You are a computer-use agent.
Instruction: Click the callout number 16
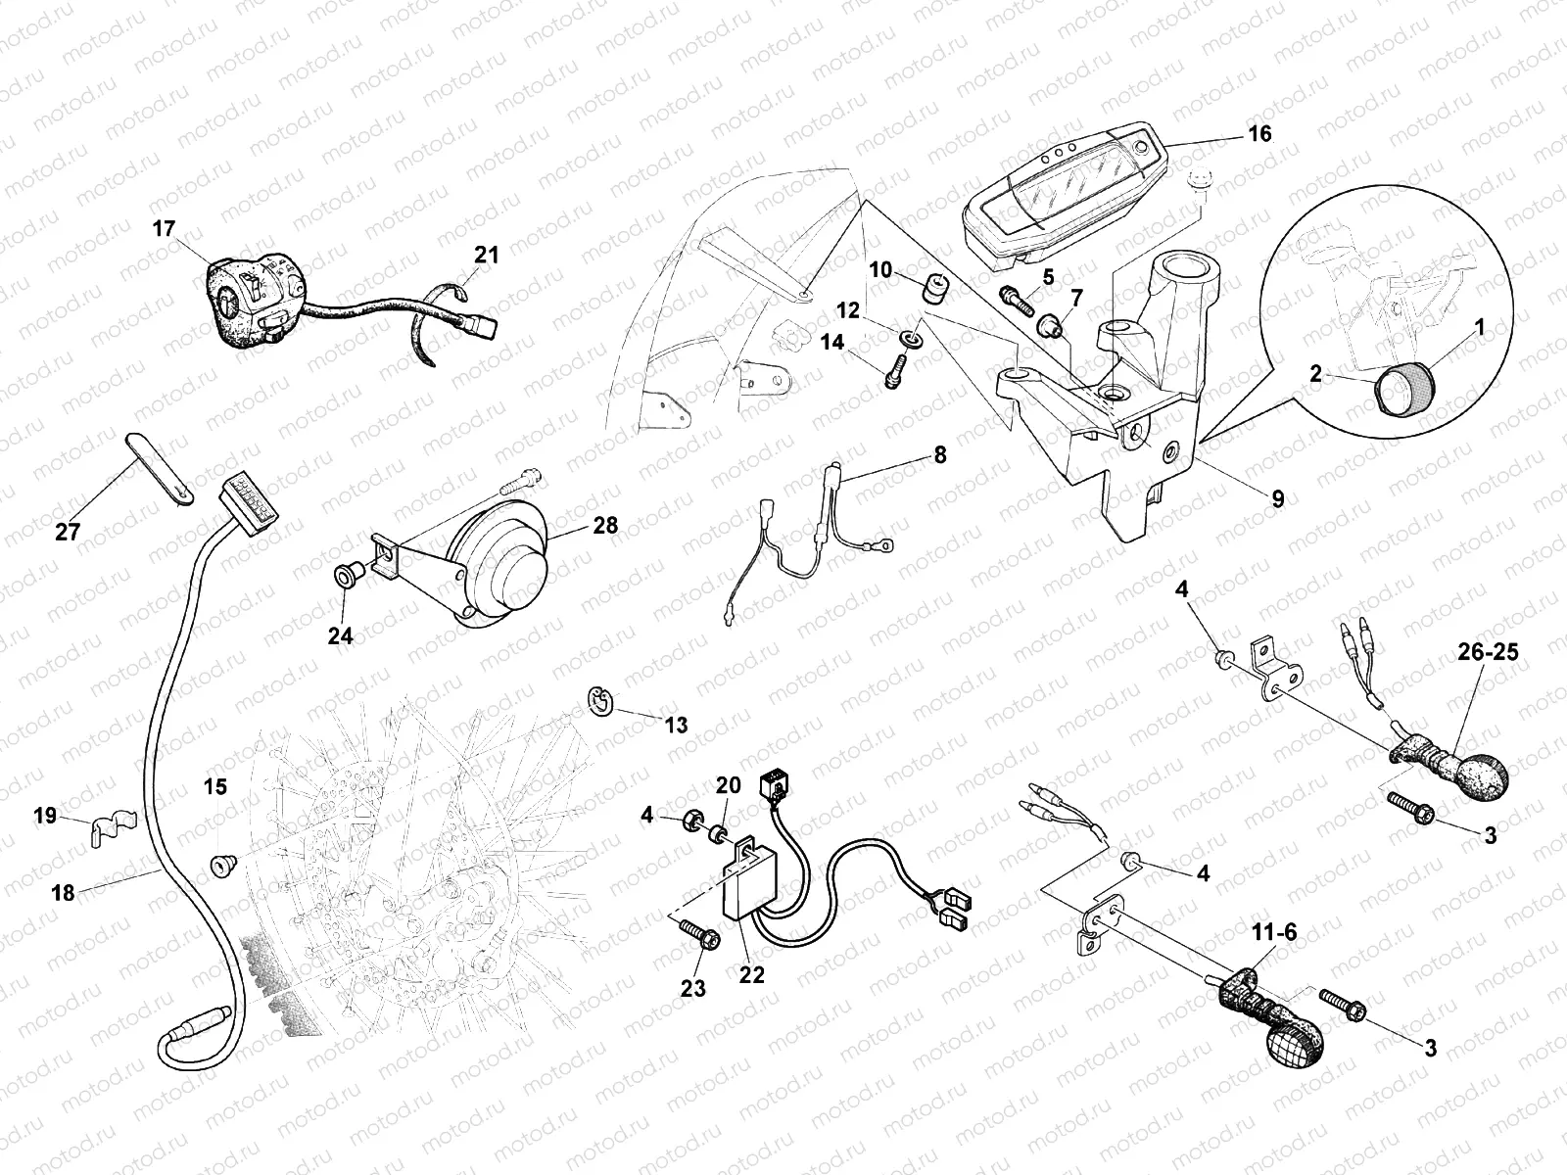1260,133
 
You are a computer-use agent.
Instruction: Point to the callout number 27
68,532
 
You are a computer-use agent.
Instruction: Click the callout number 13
676,726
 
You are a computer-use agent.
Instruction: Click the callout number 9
1277,498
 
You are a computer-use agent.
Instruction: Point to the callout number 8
939,455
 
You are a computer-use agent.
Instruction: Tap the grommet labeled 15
222,866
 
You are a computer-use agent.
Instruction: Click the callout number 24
340,635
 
